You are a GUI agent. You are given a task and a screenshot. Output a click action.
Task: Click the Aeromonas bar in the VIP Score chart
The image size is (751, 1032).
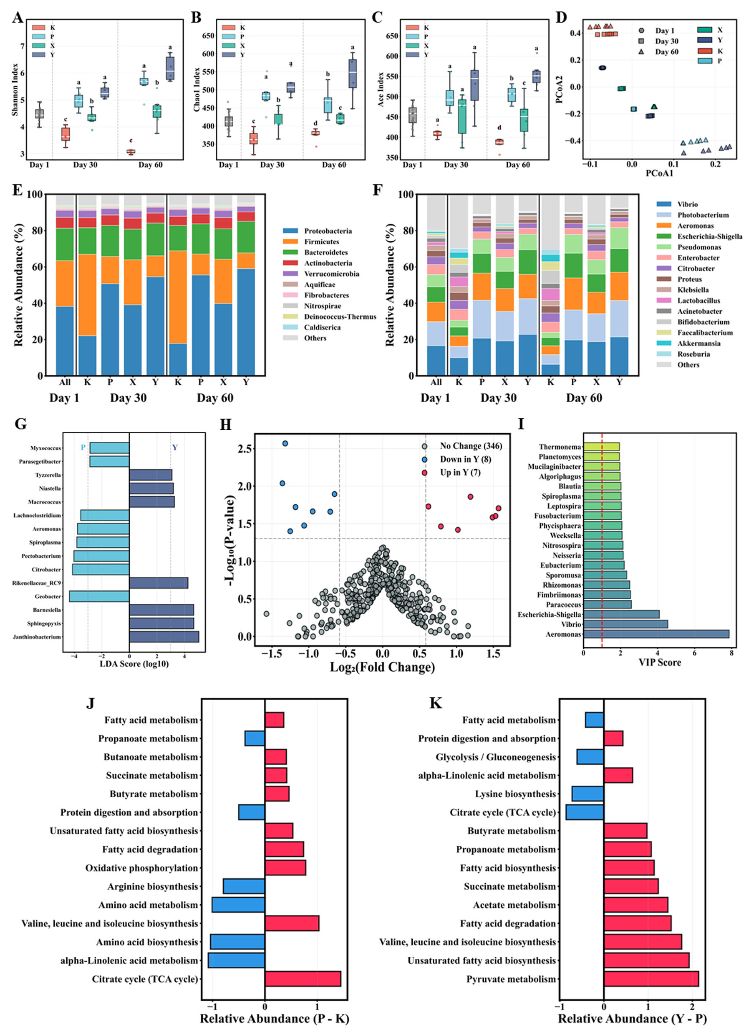(656, 634)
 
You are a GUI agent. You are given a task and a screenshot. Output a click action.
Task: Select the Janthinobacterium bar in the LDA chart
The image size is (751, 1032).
(164, 637)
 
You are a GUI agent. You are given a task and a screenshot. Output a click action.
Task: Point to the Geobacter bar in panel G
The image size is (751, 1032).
(99, 596)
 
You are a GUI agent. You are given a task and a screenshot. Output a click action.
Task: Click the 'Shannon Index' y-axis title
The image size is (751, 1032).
(15, 89)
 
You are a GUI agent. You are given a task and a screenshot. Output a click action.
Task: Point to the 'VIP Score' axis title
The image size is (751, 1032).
(660, 662)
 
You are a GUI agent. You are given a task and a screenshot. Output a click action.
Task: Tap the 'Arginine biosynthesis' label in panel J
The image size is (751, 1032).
(153, 886)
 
